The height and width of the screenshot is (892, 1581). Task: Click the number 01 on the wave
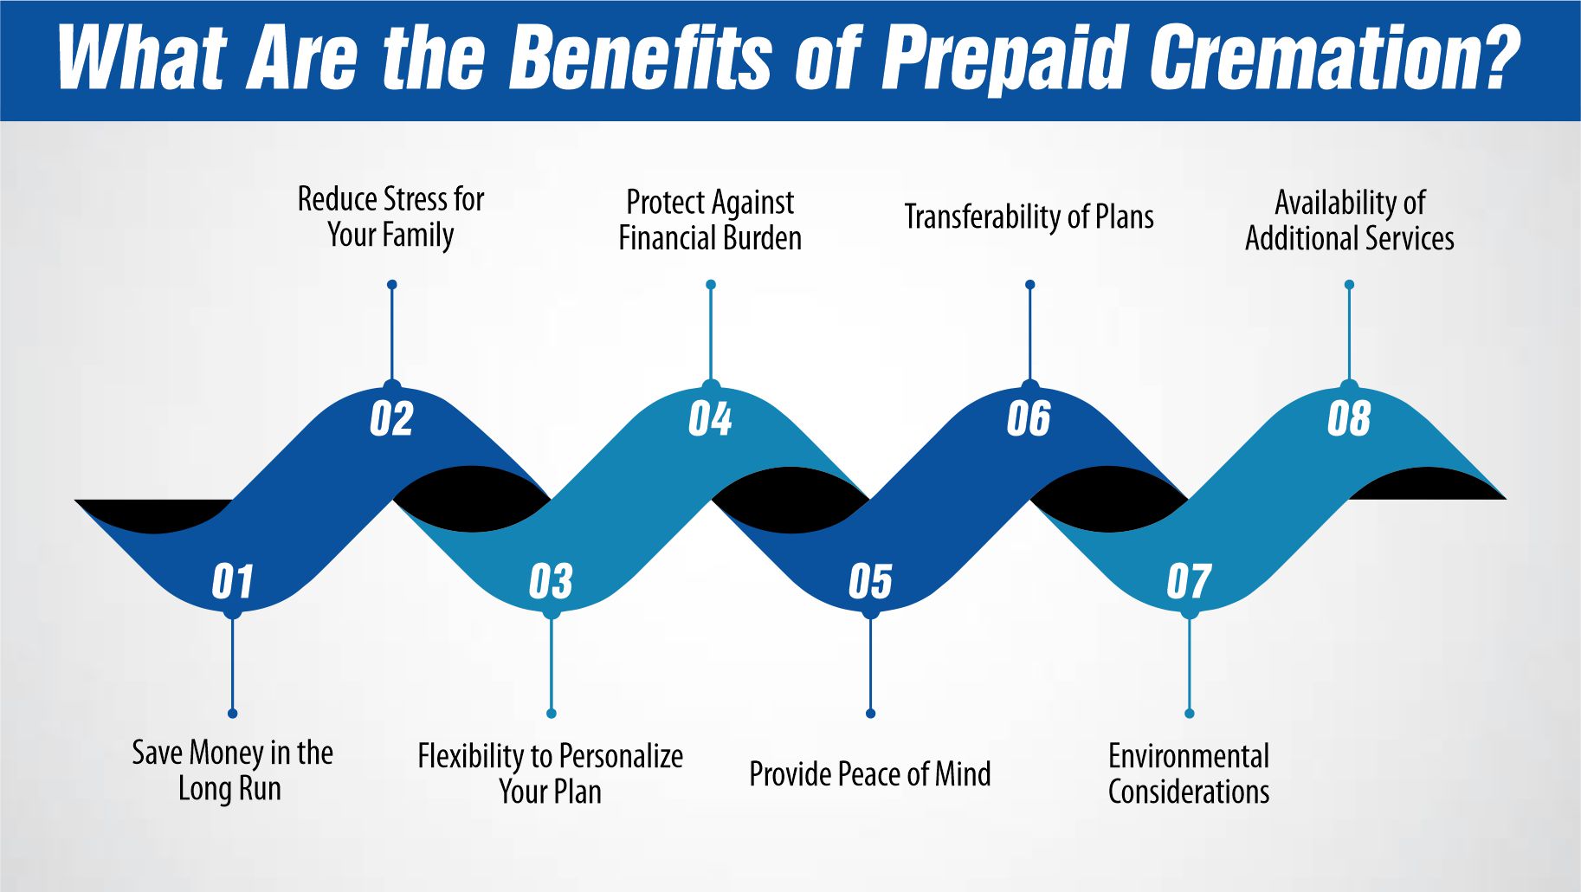(x=232, y=582)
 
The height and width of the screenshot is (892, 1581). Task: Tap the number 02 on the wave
(x=391, y=419)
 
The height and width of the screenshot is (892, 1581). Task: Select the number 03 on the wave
(x=551, y=582)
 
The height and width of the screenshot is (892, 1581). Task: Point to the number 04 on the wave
(x=710, y=419)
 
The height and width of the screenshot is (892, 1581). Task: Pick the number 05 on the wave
(x=870, y=582)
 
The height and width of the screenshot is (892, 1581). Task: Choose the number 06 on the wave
(x=1029, y=419)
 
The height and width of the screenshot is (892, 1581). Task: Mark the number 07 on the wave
(x=1189, y=582)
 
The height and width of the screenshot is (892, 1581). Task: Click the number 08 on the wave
(x=1348, y=419)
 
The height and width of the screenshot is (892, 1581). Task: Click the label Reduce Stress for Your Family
(x=390, y=217)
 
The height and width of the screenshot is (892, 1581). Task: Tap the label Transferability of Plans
(x=1029, y=217)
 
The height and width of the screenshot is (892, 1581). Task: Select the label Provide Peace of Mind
(x=869, y=774)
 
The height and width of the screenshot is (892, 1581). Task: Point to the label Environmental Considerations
(x=1188, y=773)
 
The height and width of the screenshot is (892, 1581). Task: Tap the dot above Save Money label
(x=232, y=713)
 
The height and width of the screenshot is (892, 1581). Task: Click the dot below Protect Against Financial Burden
(x=711, y=285)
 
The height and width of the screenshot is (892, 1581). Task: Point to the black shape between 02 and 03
(x=472, y=498)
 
